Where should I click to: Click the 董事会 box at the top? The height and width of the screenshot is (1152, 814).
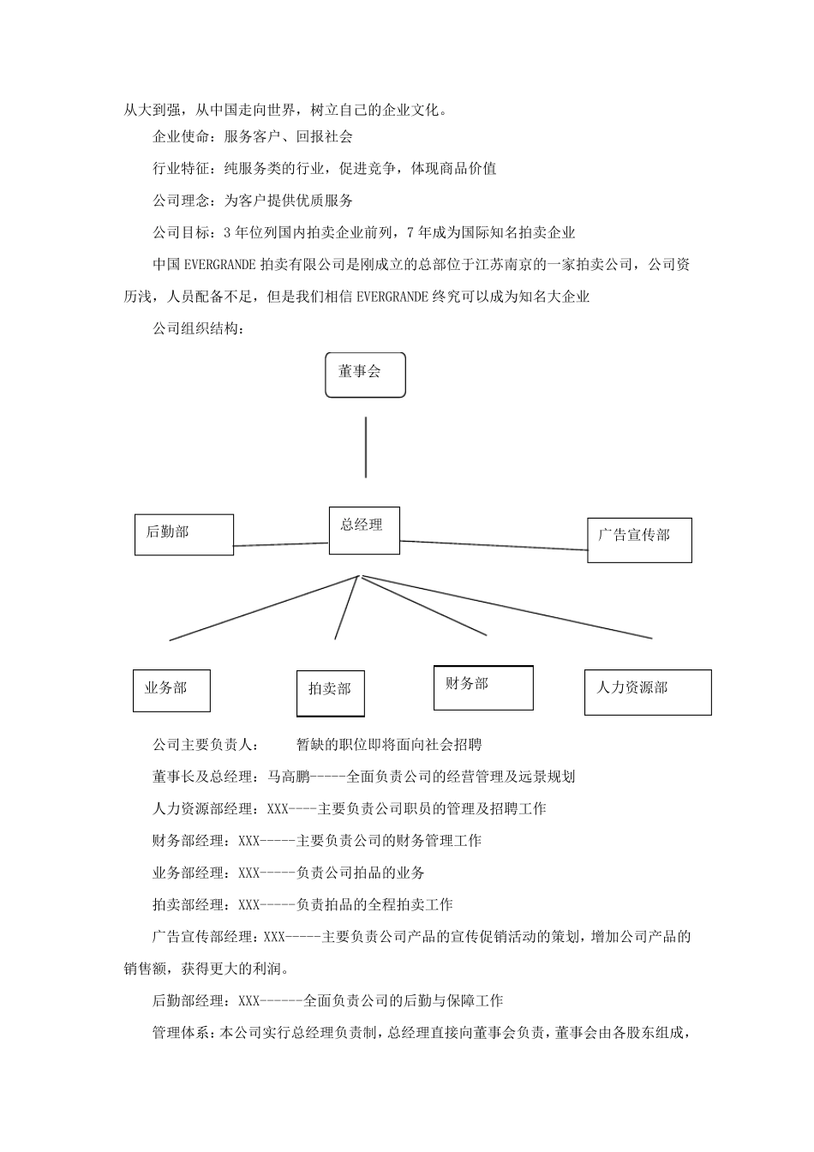pyautogui.click(x=365, y=375)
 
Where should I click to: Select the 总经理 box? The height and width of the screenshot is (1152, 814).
pyautogui.click(x=364, y=531)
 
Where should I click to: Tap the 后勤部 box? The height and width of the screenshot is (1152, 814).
pyautogui.click(x=184, y=534)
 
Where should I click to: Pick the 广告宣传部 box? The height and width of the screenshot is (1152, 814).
pyautogui.click(x=639, y=539)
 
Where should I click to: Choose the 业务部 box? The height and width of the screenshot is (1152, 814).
pyautogui.click(x=171, y=690)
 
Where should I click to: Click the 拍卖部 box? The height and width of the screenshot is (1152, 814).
pyautogui.click(x=331, y=693)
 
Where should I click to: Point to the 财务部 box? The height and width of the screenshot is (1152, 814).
pyautogui.click(x=483, y=687)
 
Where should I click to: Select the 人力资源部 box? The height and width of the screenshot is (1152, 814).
pyautogui.click(x=648, y=692)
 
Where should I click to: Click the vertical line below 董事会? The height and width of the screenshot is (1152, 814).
pyautogui.click(x=366, y=447)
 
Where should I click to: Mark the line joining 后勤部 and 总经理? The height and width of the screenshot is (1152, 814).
pyautogui.click(x=281, y=543)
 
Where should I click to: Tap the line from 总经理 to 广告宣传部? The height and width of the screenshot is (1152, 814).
pyautogui.click(x=494, y=545)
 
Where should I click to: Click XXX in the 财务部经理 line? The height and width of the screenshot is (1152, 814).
pyautogui.click(x=249, y=840)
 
